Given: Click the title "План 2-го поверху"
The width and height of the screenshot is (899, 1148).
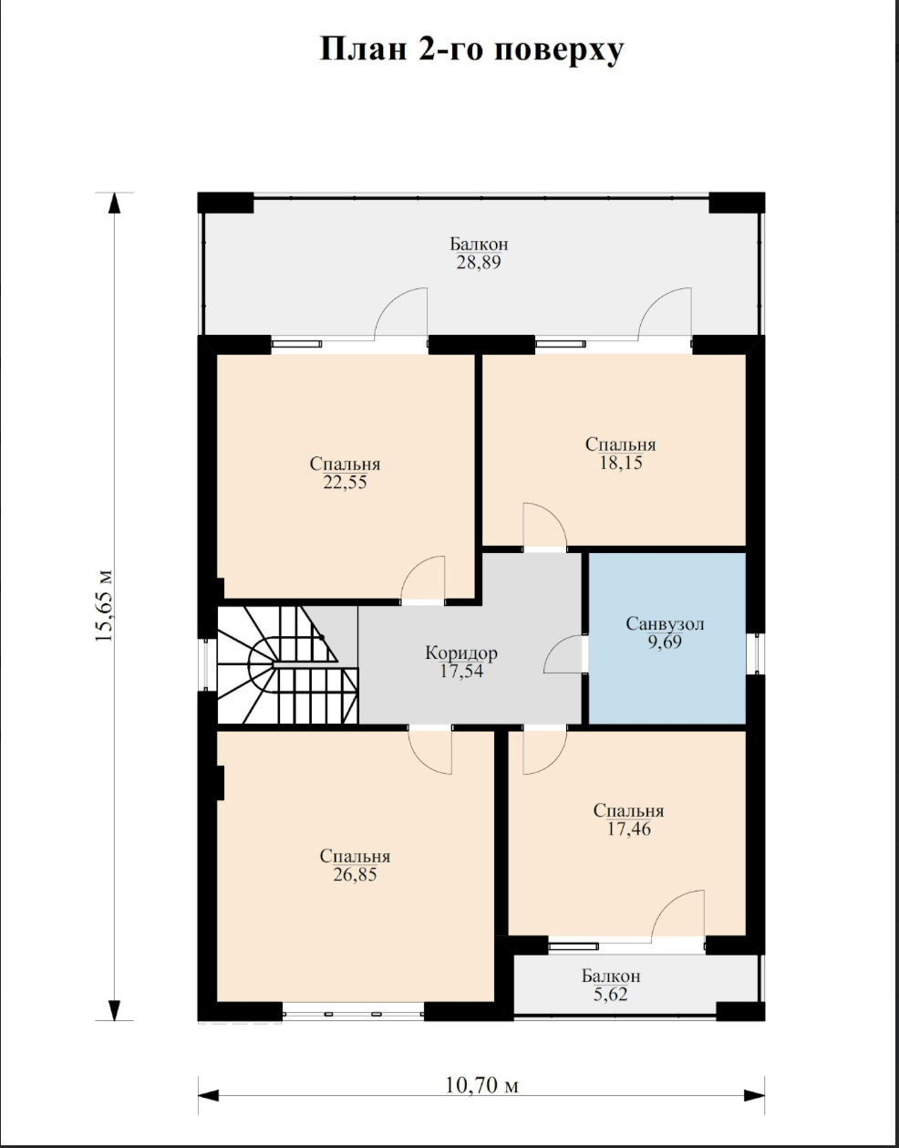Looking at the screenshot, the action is click(472, 51).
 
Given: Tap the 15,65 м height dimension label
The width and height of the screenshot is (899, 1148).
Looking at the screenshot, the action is click(104, 605).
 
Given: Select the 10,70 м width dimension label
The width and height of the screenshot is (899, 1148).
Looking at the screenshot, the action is click(481, 1085).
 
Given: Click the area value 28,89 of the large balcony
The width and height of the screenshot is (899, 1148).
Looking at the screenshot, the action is click(479, 263).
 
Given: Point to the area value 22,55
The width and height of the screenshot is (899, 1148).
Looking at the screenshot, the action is click(345, 483).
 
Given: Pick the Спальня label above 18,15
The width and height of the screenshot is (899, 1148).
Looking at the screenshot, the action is click(620, 444).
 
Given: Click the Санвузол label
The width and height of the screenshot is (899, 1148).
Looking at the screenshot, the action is click(666, 624).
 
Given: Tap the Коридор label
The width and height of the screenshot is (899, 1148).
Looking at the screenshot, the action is click(461, 653).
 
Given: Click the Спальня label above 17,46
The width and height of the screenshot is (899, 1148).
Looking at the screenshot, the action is click(629, 810).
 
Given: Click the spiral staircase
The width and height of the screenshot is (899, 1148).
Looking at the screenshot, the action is click(288, 664).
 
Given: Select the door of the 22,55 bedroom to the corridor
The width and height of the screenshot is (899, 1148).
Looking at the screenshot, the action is click(423, 579).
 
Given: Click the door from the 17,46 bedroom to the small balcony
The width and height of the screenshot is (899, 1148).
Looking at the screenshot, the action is click(678, 923).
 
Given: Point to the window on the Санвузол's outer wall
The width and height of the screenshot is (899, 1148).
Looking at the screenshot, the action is click(756, 654).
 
